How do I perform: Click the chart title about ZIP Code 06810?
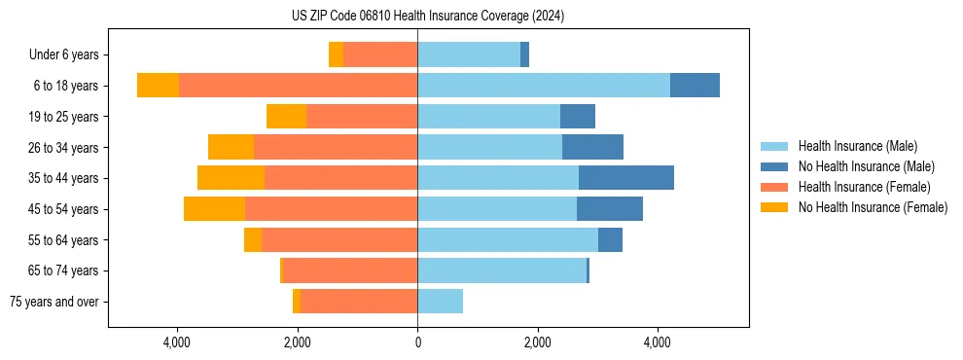pyautogui.click(x=428, y=17)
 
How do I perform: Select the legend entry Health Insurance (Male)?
pyautogui.click(x=857, y=146)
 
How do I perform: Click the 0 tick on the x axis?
pyautogui.click(x=417, y=342)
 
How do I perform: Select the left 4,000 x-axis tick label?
pyautogui.click(x=177, y=342)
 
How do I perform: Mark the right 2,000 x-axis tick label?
pyautogui.click(x=537, y=342)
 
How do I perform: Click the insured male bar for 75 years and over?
pyautogui.click(x=440, y=302)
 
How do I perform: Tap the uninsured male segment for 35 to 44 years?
pyautogui.click(x=625, y=178)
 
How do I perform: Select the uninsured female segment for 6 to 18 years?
pyautogui.click(x=158, y=86)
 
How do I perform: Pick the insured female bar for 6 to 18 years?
pyautogui.click(x=298, y=86)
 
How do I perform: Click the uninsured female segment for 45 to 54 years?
pyautogui.click(x=214, y=209)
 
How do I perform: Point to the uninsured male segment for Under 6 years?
pyautogui.click(x=524, y=55)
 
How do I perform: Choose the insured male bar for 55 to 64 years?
pyautogui.click(x=507, y=239)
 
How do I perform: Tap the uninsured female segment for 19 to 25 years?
pyautogui.click(x=286, y=117)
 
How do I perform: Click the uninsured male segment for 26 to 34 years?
pyautogui.click(x=592, y=148)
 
